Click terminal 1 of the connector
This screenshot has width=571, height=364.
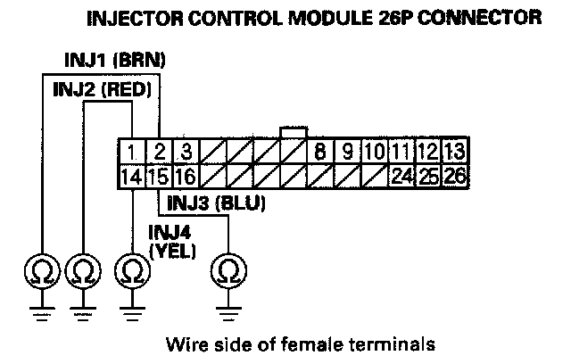point(131,151)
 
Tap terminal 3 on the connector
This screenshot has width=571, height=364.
point(185,151)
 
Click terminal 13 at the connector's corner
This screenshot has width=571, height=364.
point(454,151)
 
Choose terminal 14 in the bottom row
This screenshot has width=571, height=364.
point(131,176)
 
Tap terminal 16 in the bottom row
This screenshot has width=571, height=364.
point(185,176)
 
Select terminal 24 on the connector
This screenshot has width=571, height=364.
point(401,176)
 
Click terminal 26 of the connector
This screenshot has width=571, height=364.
point(454,176)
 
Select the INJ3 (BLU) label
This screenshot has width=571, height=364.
point(215,203)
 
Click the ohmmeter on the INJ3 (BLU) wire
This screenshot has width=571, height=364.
point(228,270)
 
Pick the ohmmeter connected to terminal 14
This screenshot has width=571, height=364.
point(131,270)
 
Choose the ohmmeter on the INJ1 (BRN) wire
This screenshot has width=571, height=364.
point(42,270)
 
